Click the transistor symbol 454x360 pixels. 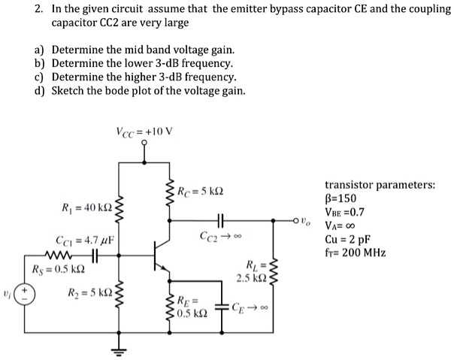[x=159, y=256]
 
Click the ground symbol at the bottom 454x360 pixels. [x=119, y=350]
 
